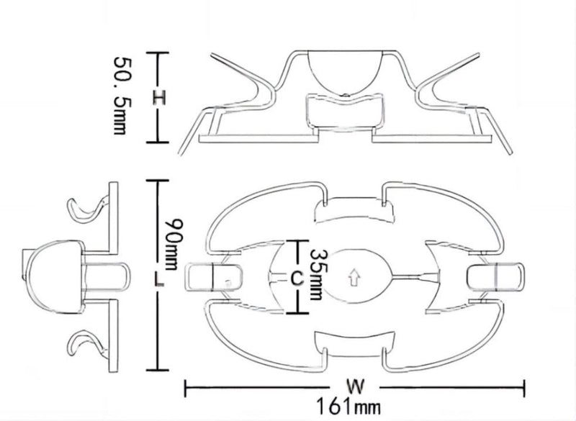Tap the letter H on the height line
pyautogui.click(x=159, y=98)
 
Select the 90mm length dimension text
pyautogui.click(x=174, y=245)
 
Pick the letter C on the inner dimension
pyautogui.click(x=297, y=278)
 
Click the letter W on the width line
pyautogui.click(x=355, y=386)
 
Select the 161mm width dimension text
pyautogui.click(x=348, y=407)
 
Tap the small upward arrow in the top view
pyautogui.click(x=354, y=278)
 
